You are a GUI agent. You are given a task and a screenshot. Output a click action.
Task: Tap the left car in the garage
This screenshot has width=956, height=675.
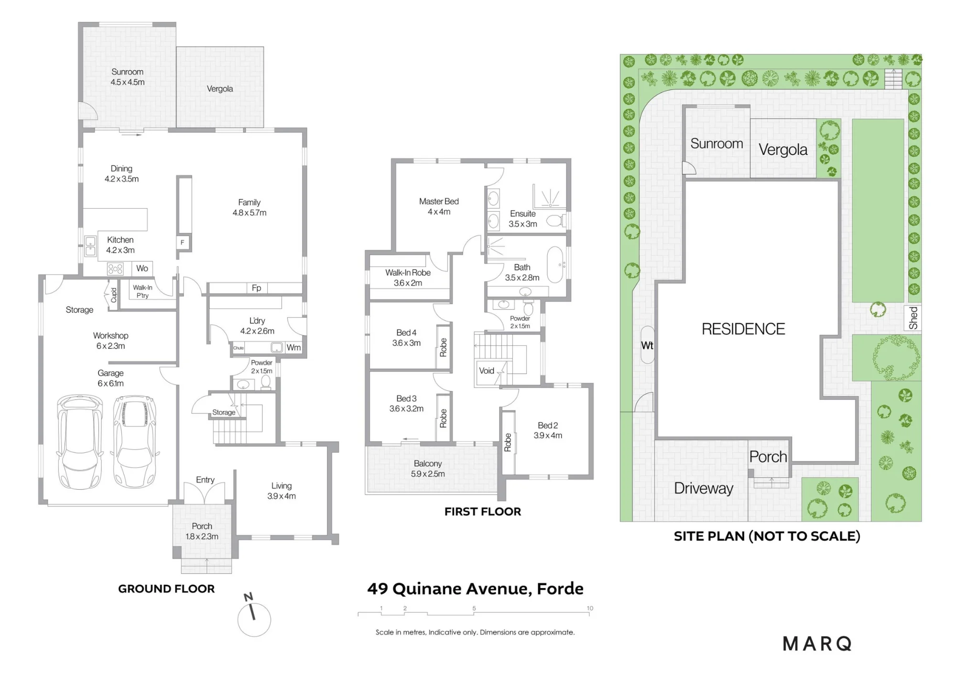[x=80, y=441]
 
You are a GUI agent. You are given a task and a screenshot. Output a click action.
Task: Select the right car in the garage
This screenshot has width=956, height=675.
[x=134, y=441]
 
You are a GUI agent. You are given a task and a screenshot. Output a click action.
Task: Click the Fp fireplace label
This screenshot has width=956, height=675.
[x=256, y=288]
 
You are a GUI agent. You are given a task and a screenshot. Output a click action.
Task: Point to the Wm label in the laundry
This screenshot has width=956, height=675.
[x=293, y=347]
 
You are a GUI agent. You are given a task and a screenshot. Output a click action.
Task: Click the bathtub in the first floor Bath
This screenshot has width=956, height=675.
[x=555, y=265]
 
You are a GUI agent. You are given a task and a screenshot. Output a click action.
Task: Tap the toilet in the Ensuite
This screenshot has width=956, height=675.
[x=556, y=221]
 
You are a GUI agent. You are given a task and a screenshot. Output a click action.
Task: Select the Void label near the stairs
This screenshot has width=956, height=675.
[x=487, y=371]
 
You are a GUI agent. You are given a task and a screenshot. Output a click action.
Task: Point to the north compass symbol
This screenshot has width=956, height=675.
[x=253, y=616]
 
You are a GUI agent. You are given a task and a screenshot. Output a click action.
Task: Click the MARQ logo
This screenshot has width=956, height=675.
[x=817, y=644]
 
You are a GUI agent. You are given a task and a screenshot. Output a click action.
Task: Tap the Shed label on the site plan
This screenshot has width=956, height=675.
[x=913, y=318]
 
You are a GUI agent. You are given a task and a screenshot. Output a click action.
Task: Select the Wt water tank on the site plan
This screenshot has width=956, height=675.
[x=647, y=345]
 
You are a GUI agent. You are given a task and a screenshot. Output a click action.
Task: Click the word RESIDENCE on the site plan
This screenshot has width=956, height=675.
[x=743, y=329]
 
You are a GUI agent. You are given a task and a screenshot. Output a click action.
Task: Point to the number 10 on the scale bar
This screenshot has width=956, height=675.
[x=590, y=608]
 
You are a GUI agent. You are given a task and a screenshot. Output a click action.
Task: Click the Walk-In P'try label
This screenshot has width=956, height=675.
[x=142, y=291]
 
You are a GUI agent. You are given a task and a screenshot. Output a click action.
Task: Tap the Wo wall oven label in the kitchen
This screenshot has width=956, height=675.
[x=142, y=268]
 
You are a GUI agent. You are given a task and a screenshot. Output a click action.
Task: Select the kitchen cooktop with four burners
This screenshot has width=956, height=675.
[x=115, y=269]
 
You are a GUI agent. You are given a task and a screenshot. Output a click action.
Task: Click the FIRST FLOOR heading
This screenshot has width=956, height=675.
[x=483, y=512]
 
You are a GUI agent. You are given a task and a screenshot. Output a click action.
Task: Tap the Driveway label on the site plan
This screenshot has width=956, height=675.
[x=704, y=489]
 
